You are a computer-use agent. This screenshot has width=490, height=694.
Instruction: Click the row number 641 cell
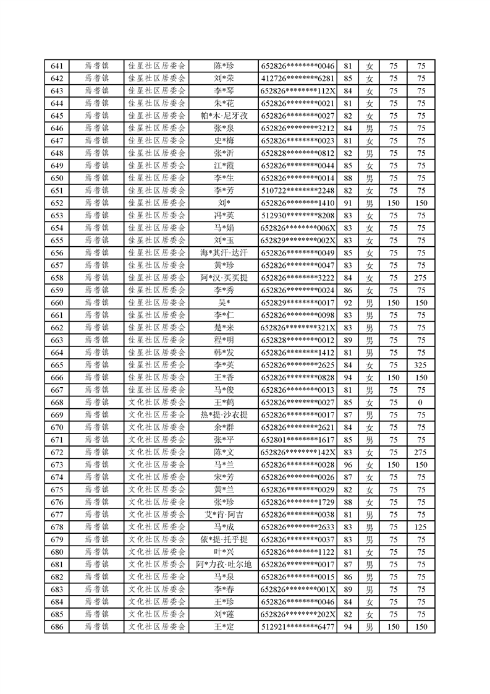coord(57,66)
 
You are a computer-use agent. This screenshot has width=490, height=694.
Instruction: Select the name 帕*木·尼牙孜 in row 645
coord(224,116)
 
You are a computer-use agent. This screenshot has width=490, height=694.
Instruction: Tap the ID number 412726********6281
coord(297,79)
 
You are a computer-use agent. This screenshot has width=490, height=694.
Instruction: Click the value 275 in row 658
coord(421,278)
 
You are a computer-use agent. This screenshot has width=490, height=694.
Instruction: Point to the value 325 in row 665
coord(421,365)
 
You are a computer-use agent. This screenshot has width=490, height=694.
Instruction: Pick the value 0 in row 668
coord(421,403)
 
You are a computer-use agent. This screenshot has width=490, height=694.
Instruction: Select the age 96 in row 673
coord(347,465)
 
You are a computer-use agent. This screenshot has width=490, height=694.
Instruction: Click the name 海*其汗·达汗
coord(224,253)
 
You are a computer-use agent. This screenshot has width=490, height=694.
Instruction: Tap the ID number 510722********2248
coord(297,191)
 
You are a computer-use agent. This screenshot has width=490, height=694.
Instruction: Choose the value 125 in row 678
coord(421,527)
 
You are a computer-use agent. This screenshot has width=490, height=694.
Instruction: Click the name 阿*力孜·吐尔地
coord(224,564)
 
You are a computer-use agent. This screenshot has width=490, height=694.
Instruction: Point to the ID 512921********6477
coord(297,627)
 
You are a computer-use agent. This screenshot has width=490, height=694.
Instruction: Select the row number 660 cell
coord(57,302)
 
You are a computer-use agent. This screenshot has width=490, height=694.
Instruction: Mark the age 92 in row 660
coord(347,302)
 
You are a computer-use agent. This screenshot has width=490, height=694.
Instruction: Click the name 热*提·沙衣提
coord(224,415)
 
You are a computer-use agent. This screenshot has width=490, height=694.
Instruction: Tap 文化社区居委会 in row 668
coord(156,403)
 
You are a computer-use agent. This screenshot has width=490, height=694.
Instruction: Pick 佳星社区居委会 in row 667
coord(156,390)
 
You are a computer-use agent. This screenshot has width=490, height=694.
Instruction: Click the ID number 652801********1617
coord(297,440)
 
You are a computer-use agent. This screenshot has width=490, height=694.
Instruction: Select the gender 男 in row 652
coord(370,203)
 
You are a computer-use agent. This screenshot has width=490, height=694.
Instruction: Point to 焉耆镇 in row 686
coord(96,627)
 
